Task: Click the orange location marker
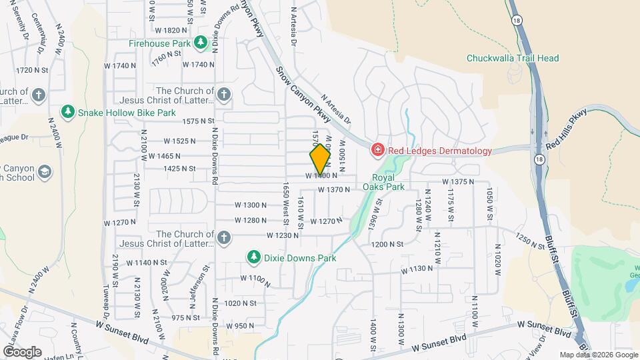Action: [x=320, y=159]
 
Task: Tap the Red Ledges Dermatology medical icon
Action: [x=377, y=150]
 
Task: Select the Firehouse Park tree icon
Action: [x=201, y=43]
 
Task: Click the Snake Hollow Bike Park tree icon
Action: [x=67, y=112]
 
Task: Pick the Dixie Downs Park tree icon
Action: [x=253, y=257]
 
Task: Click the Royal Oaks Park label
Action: [x=383, y=182]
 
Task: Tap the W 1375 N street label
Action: [x=458, y=181]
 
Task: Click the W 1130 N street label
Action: [x=417, y=269]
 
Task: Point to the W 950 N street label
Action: [x=240, y=326]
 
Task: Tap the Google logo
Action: [x=22, y=351]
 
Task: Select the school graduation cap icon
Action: [x=45, y=172]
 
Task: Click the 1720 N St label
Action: [x=33, y=70]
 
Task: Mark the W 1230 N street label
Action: [x=283, y=235]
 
